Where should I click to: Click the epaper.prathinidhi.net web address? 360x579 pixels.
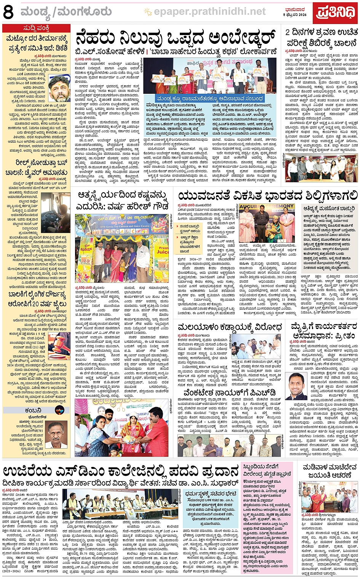click(210, 12)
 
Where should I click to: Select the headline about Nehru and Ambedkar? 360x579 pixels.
click(176, 38)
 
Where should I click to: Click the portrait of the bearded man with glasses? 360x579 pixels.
click(59, 88)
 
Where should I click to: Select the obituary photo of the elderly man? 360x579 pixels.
click(57, 435)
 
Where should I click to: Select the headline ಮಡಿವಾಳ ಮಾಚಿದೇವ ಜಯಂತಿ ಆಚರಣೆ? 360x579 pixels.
click(330, 471)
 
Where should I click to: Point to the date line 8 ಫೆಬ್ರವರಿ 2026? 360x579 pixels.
click(295, 14)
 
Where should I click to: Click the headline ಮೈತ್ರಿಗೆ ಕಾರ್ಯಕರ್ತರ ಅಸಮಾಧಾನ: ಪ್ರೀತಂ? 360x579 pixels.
click(324, 330)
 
